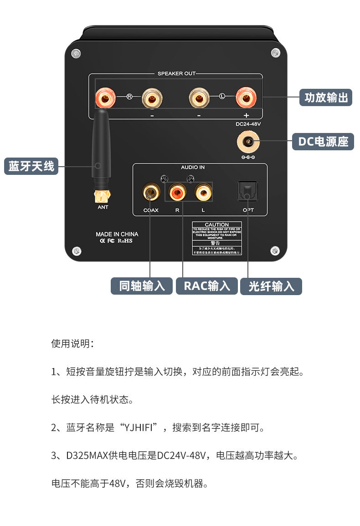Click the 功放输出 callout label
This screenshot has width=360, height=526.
[326, 97]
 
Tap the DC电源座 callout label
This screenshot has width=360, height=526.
[323, 142]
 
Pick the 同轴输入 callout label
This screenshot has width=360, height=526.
[142, 286]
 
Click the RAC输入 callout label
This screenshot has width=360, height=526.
[207, 286]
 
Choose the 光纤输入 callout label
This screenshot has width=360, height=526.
[271, 286]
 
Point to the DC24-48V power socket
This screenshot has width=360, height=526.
[248, 142]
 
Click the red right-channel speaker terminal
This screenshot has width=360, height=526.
[105, 97]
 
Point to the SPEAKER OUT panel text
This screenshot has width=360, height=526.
[176, 73]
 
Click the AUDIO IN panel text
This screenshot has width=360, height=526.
[193, 168]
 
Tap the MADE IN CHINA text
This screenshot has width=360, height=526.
[117, 234]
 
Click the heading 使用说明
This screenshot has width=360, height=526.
[72, 343]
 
